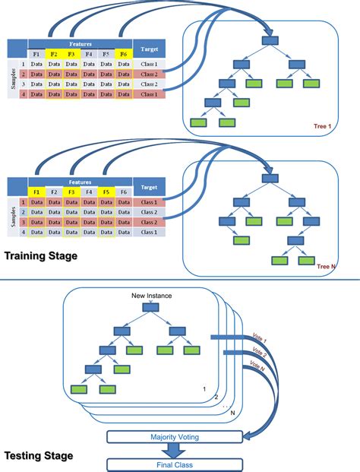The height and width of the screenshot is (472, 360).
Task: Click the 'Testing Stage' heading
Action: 39,456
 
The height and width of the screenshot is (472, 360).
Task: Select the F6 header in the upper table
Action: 124,54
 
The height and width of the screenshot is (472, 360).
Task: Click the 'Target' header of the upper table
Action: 149,48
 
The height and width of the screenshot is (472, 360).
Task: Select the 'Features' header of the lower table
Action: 79,182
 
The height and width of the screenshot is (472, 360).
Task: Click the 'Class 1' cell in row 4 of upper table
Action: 149,93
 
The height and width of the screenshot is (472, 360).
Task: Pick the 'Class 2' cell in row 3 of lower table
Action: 149,222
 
